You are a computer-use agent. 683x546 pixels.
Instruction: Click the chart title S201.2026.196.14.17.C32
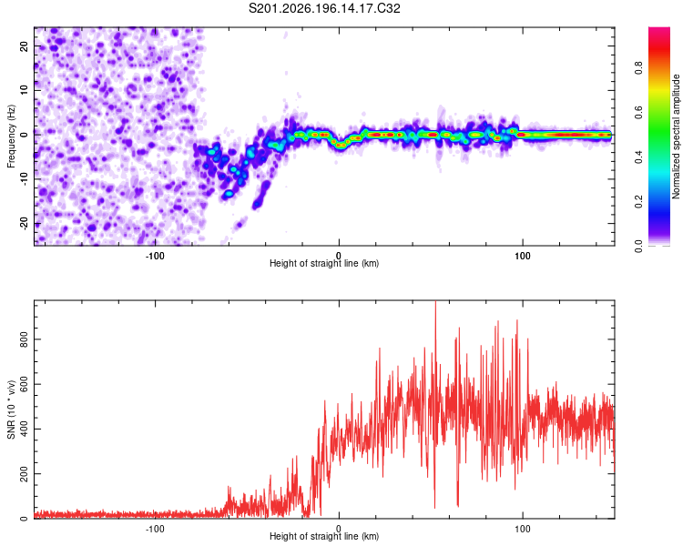click(x=324, y=8)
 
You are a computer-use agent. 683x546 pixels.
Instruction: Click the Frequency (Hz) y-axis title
click(x=11, y=136)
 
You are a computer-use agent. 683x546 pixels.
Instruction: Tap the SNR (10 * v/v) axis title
click(x=11, y=409)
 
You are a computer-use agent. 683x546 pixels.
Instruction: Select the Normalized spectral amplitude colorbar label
click(x=676, y=136)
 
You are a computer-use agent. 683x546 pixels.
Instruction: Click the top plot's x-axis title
click(x=324, y=263)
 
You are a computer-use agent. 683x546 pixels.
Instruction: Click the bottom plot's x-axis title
click(x=324, y=536)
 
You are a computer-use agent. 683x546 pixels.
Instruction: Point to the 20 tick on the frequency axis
click(x=24, y=45)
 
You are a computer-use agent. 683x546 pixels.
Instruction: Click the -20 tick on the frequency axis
click(x=24, y=224)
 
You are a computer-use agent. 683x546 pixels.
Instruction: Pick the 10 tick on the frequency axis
click(x=24, y=90)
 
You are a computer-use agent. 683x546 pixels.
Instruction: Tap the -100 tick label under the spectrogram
click(x=155, y=256)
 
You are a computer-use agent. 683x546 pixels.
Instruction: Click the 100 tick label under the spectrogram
click(x=523, y=256)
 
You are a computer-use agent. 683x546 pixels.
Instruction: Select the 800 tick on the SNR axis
click(x=24, y=339)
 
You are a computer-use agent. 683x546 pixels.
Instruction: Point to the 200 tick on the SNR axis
click(x=24, y=474)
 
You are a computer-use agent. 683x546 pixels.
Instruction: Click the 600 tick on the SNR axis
click(x=24, y=384)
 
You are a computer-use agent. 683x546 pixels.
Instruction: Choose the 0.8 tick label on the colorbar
click(x=638, y=68)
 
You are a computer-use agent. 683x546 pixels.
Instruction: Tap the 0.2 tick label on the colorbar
click(x=638, y=202)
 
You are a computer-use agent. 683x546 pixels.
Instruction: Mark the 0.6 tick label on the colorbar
click(x=638, y=112)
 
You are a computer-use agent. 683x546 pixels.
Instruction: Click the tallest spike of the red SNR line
click(x=435, y=302)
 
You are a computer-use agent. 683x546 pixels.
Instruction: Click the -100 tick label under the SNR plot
click(x=155, y=529)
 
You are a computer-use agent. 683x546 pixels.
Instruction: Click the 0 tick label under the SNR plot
click(x=339, y=529)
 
